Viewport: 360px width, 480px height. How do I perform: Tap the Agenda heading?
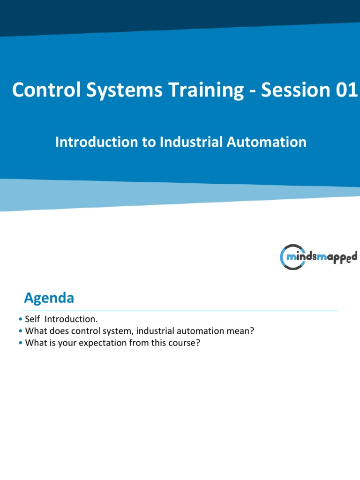49,298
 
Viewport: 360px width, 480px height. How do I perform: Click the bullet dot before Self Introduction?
21,320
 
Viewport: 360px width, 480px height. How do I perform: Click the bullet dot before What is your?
21,344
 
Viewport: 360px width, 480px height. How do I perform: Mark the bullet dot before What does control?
21,331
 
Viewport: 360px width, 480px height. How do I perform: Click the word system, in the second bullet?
120,331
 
